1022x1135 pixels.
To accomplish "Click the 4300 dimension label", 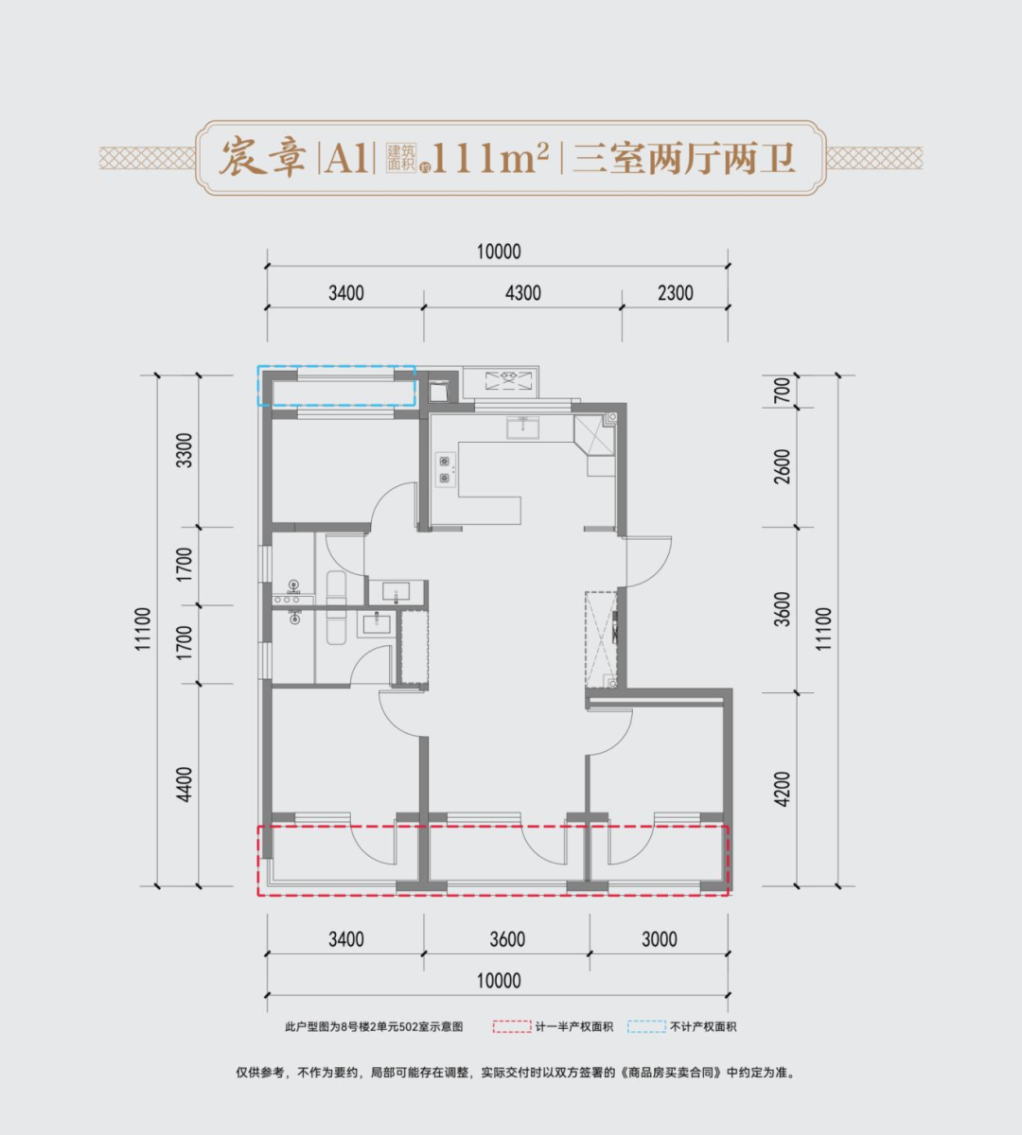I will click(x=522, y=293).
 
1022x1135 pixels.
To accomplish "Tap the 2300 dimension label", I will click(x=675, y=293).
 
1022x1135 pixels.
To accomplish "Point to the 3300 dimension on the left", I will click(x=185, y=451).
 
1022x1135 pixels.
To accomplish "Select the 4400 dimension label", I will click(x=185, y=784).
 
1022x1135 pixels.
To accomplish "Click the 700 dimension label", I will click(x=782, y=391).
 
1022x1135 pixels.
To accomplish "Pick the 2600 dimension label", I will click(x=782, y=466).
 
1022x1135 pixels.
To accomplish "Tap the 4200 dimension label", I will click(x=782, y=788).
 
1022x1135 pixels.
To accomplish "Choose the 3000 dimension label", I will click(x=659, y=939).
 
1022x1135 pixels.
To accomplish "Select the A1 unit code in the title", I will click(x=347, y=159).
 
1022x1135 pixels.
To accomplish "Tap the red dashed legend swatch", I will click(x=511, y=1026).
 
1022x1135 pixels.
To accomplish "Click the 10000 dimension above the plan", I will click(x=499, y=252).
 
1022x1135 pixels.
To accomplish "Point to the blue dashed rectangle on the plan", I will click(x=337, y=385).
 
